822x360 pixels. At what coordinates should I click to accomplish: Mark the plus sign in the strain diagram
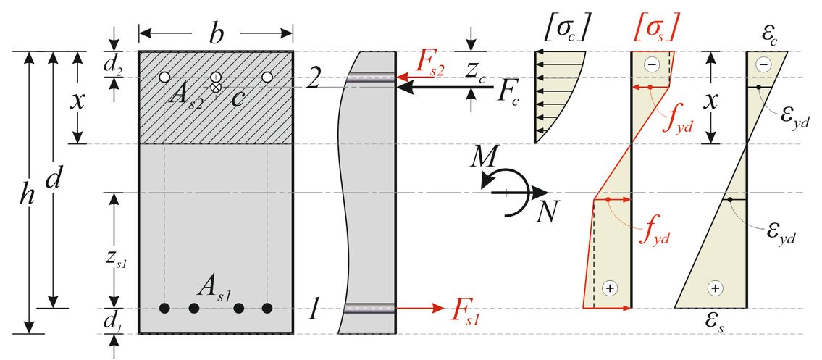click(716, 288)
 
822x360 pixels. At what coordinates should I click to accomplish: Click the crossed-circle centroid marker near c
click(215, 87)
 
